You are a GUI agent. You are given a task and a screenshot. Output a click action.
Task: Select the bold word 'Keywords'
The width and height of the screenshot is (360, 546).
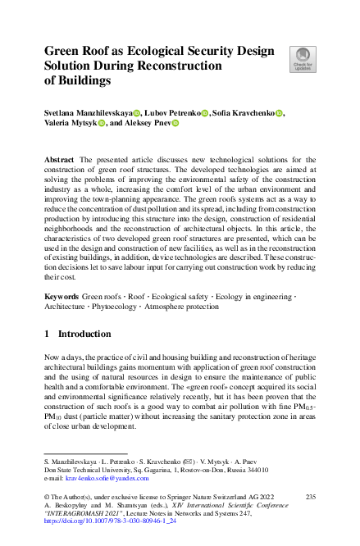[62, 293]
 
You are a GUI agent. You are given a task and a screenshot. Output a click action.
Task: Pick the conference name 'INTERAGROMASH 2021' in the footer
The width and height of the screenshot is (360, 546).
[80, 513]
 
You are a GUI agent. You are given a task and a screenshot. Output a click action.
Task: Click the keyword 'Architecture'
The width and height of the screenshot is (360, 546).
[68, 305]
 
